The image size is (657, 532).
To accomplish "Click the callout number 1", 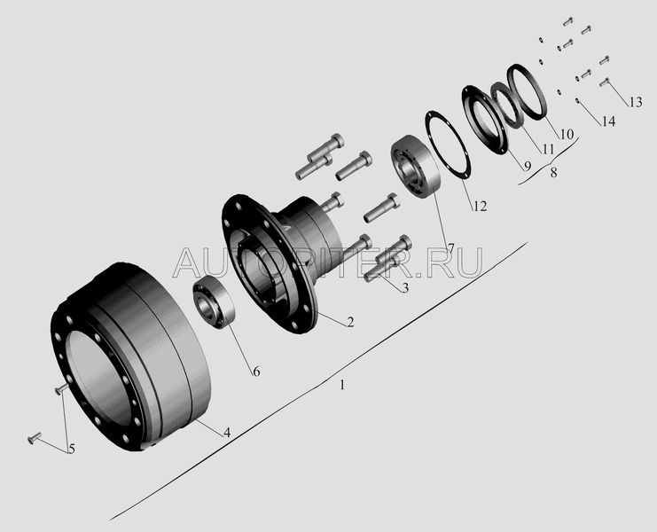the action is point(342,385).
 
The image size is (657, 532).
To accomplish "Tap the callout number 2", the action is point(350,322).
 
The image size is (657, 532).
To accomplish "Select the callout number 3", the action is point(405,288).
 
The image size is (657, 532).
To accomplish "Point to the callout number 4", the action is point(227,433).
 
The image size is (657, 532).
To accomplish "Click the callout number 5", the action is point(72,449).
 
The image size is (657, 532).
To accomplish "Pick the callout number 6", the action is point(256,372).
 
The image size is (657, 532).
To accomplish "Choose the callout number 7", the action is point(450,248).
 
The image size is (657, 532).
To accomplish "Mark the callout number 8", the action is point(553,172).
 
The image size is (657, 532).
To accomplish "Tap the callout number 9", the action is point(528,166).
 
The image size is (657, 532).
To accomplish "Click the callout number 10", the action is point(567,134).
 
